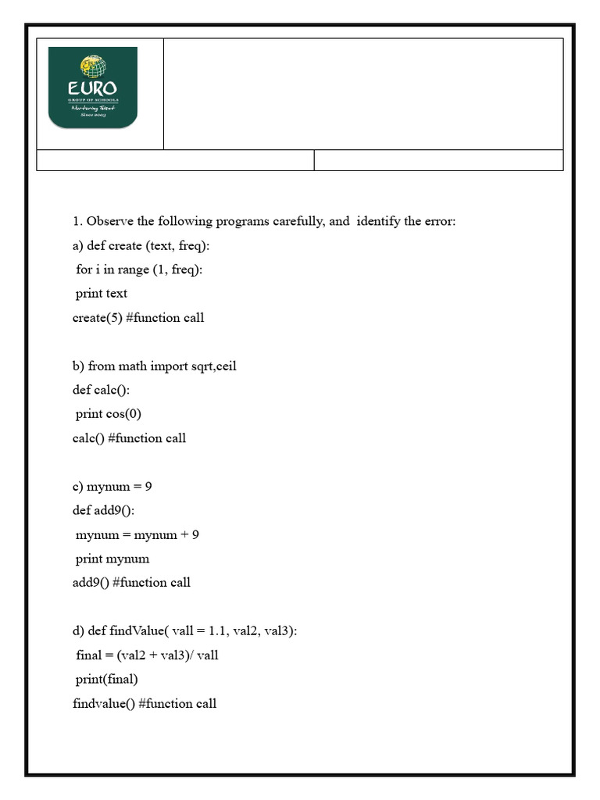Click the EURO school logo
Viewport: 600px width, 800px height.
[93, 87]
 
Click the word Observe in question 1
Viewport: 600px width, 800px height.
[110, 221]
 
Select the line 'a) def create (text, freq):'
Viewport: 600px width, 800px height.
[141, 245]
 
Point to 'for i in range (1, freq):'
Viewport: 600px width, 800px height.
[140, 270]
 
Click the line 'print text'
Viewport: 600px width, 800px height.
[101, 294]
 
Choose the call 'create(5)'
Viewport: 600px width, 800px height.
[97, 318]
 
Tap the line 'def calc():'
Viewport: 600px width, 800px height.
[102, 390]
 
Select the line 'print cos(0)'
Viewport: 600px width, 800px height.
[109, 414]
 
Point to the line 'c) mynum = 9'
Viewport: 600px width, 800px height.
[112, 486]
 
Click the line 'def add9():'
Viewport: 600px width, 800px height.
[104, 510]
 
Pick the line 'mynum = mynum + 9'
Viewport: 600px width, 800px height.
[137, 535]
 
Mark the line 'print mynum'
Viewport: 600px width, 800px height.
[112, 559]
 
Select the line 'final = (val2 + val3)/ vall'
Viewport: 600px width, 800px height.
[147, 655]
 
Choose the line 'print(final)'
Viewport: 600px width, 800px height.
[106, 680]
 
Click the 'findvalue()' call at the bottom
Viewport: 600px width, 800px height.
[103, 704]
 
